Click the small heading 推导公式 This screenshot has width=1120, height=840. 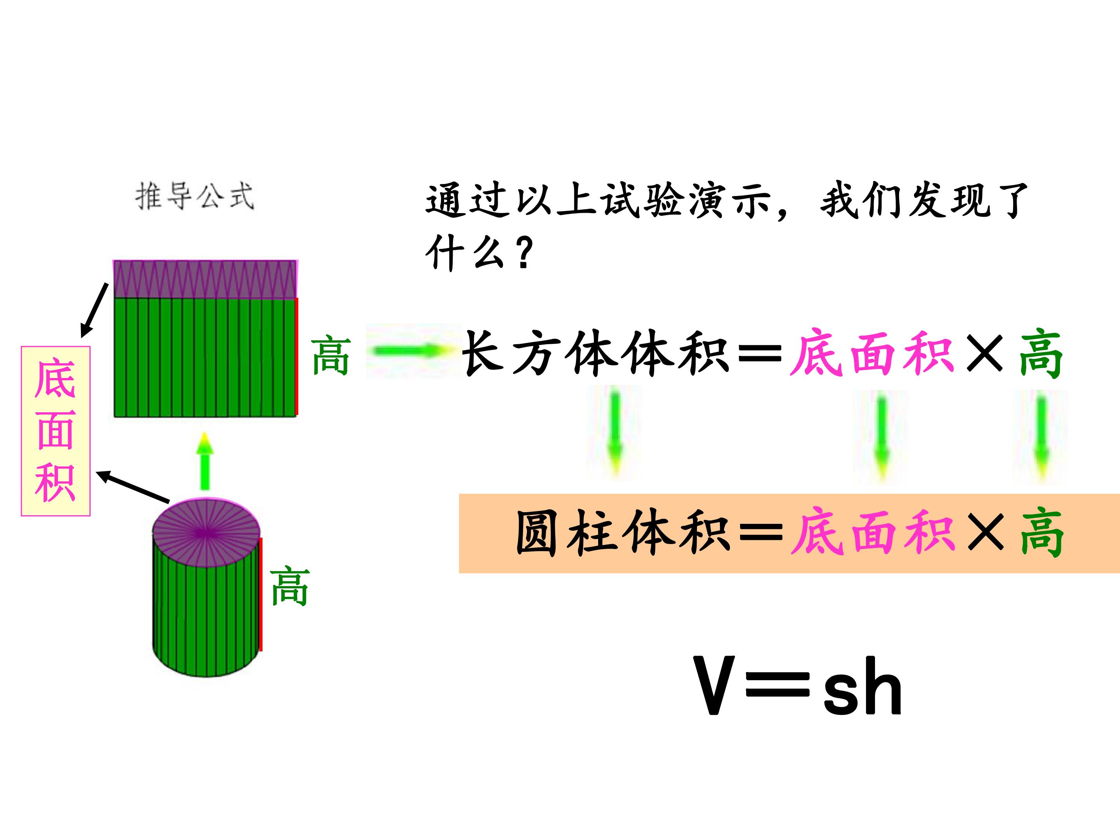tap(194, 196)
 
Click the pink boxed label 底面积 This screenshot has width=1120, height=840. tap(56, 431)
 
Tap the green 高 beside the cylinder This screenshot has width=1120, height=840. tap(290, 586)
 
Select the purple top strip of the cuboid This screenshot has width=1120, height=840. tap(205, 279)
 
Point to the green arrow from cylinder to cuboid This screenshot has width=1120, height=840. tap(205, 461)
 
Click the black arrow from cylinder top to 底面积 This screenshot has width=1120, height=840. tap(133, 486)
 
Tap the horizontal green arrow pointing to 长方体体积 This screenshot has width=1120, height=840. tap(412, 350)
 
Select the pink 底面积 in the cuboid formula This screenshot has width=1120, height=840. tap(872, 353)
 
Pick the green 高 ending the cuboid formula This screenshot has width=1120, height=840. tap(1041, 353)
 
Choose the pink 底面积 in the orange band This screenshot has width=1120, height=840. tap(873, 533)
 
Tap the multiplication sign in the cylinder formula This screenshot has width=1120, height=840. tap(985, 533)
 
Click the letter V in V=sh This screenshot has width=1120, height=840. tap(714, 685)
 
